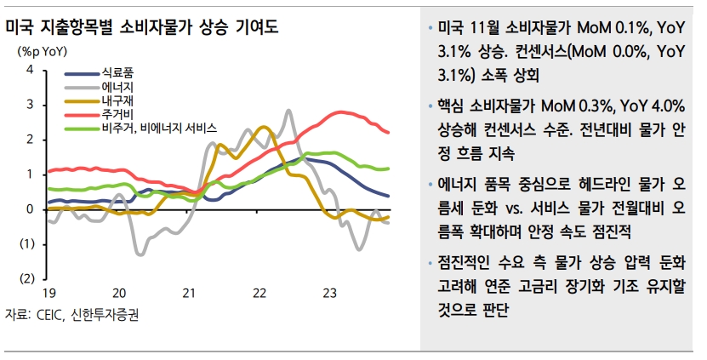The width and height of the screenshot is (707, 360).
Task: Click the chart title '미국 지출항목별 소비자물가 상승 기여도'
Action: point(142,27)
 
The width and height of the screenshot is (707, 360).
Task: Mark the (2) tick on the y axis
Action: point(27,278)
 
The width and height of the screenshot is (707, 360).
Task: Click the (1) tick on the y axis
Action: point(27,243)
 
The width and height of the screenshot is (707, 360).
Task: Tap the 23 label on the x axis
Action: point(328,294)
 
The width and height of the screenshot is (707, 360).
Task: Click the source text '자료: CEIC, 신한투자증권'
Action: point(72,314)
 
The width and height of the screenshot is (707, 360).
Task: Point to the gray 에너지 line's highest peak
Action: point(289,111)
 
